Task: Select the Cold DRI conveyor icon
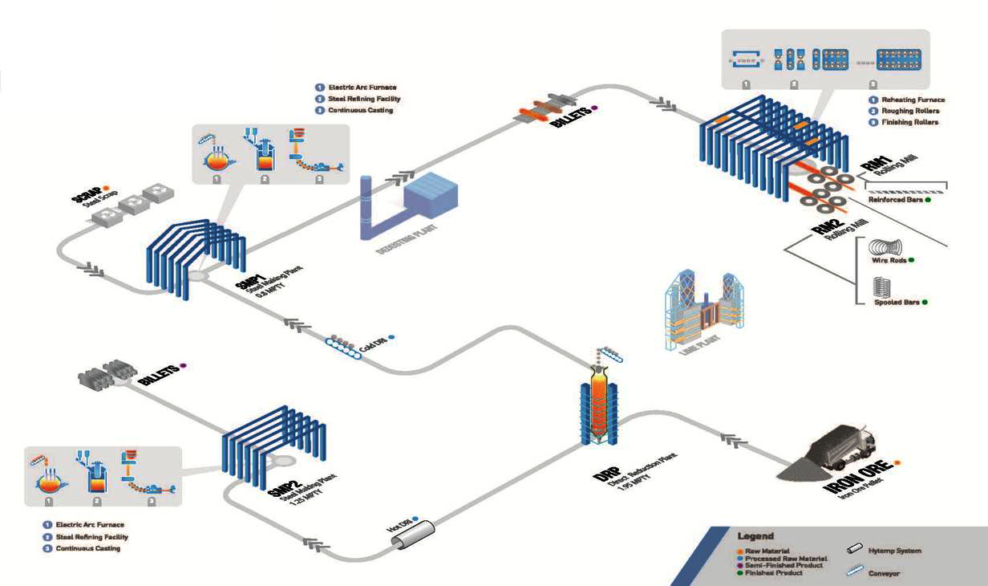[x=345, y=346]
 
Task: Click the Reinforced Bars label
[x=895, y=200]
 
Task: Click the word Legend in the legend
[x=755, y=536]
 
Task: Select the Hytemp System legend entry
[x=895, y=551]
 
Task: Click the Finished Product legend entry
[x=773, y=573]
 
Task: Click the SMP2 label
[x=277, y=481]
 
